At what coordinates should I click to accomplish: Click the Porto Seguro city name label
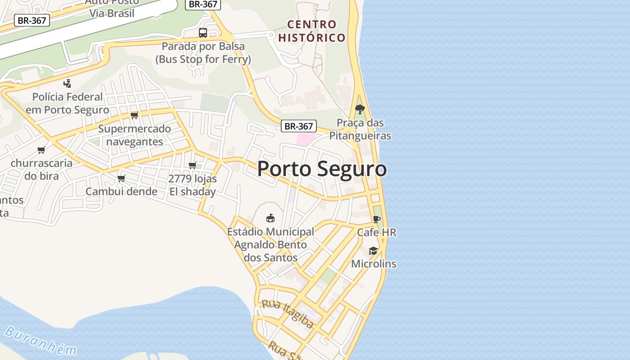(x=322, y=169)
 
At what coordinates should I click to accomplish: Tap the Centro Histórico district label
(x=311, y=31)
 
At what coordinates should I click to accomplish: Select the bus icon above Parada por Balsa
(x=203, y=33)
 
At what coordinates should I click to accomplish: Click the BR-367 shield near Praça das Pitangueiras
(x=299, y=126)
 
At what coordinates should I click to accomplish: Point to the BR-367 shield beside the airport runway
(x=31, y=20)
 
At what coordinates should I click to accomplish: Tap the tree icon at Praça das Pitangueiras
(x=360, y=109)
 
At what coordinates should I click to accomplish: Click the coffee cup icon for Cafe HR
(x=377, y=220)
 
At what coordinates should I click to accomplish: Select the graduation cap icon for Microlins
(x=373, y=251)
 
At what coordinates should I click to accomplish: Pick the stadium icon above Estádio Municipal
(x=270, y=218)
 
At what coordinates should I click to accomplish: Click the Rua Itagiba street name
(x=288, y=314)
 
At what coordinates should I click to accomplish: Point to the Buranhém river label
(x=40, y=341)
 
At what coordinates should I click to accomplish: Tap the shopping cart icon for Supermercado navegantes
(x=134, y=115)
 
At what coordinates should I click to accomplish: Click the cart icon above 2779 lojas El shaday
(x=193, y=166)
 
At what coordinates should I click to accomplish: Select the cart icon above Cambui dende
(x=121, y=179)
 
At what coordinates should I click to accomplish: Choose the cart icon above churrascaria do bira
(x=41, y=150)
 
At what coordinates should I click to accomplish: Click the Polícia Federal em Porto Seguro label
(x=67, y=103)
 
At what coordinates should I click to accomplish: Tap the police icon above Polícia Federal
(x=67, y=83)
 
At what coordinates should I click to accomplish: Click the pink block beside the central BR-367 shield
(x=305, y=139)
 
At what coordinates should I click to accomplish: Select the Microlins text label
(x=373, y=264)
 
